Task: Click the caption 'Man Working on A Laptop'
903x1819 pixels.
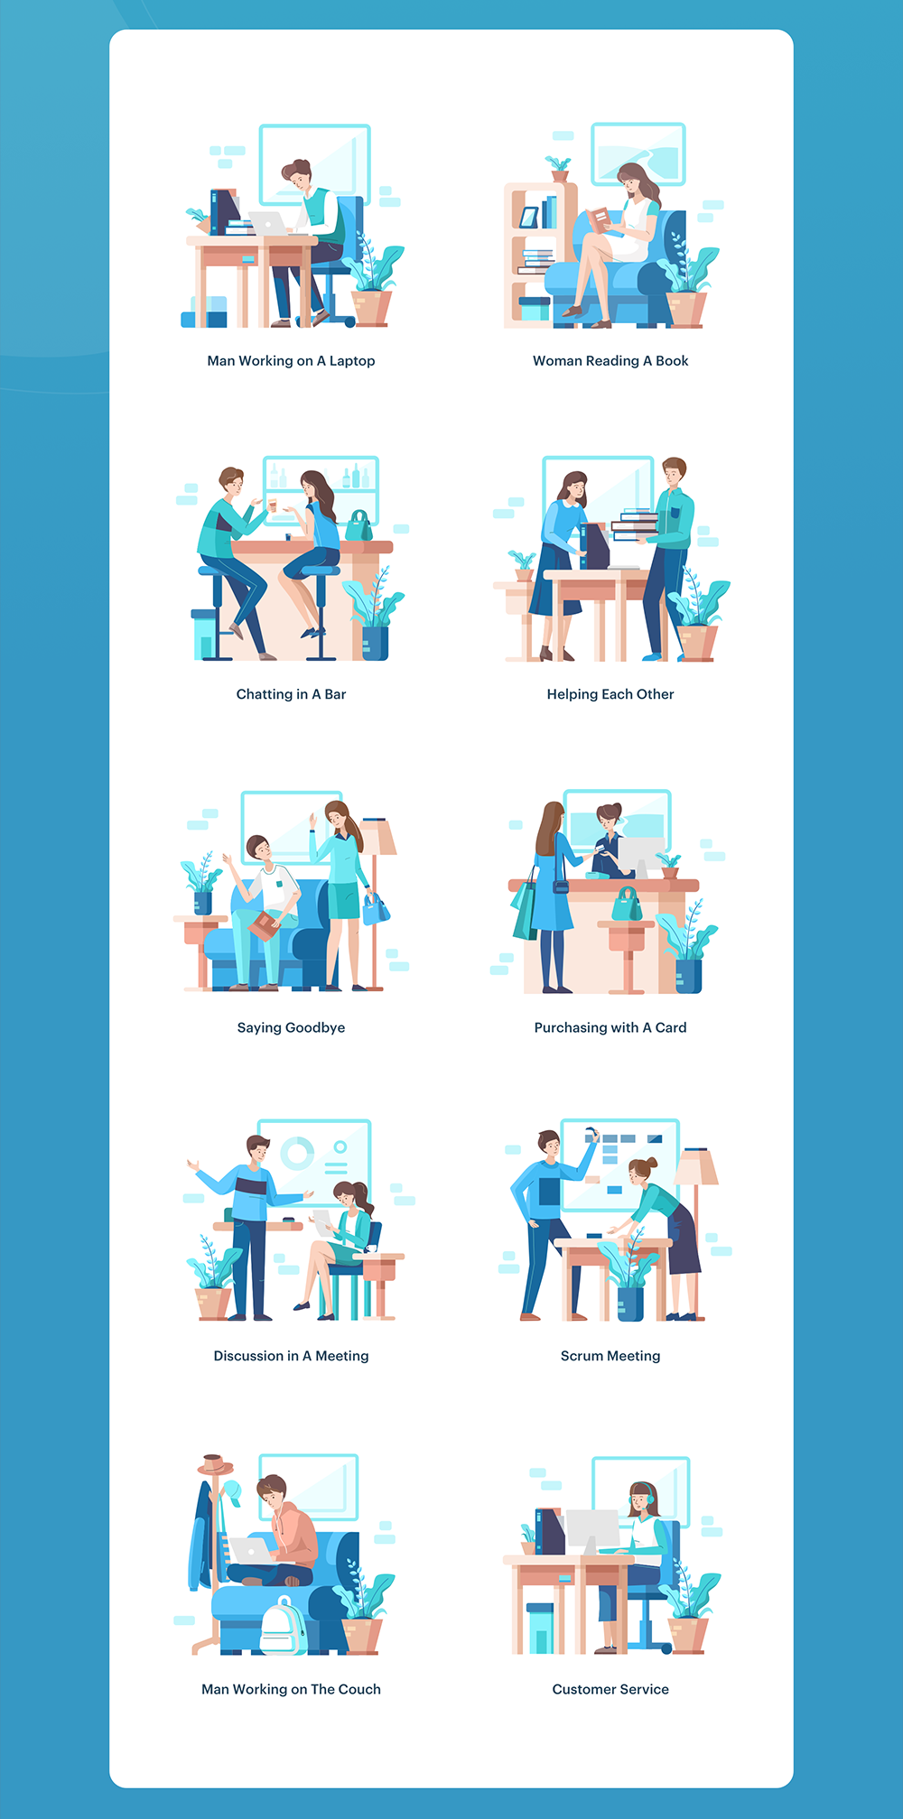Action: click(291, 361)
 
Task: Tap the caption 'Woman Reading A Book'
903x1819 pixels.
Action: click(610, 361)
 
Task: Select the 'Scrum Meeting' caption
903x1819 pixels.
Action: click(610, 1356)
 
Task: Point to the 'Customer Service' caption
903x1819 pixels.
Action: click(610, 1689)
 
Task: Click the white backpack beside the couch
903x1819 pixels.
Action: click(283, 1627)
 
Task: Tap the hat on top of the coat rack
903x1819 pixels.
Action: click(215, 1464)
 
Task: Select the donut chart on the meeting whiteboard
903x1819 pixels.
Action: click(297, 1153)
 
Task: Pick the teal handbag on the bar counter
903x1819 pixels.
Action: click(359, 526)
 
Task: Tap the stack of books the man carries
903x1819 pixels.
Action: click(636, 524)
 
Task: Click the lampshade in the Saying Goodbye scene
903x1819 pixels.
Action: click(377, 836)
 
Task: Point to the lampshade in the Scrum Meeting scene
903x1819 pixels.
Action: click(696, 1166)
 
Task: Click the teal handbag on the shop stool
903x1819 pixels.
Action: click(628, 905)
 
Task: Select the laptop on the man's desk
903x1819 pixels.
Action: click(268, 224)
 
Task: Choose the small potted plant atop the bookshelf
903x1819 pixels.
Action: click(559, 169)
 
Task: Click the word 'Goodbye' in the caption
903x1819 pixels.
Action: click(315, 1028)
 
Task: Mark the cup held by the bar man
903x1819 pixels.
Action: click(272, 505)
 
